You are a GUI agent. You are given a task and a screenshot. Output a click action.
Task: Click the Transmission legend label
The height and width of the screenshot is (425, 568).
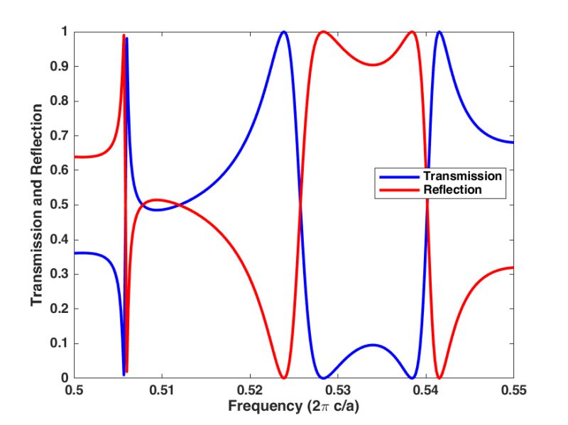462,175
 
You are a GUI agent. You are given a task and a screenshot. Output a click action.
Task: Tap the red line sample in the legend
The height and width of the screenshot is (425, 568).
398,189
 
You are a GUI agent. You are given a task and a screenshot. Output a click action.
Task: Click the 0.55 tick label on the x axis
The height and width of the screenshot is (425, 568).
513,390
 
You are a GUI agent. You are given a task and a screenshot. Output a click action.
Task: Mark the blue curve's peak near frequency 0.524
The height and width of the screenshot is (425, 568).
284,32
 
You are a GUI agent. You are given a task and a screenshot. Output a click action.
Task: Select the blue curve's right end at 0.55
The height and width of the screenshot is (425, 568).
512,143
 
